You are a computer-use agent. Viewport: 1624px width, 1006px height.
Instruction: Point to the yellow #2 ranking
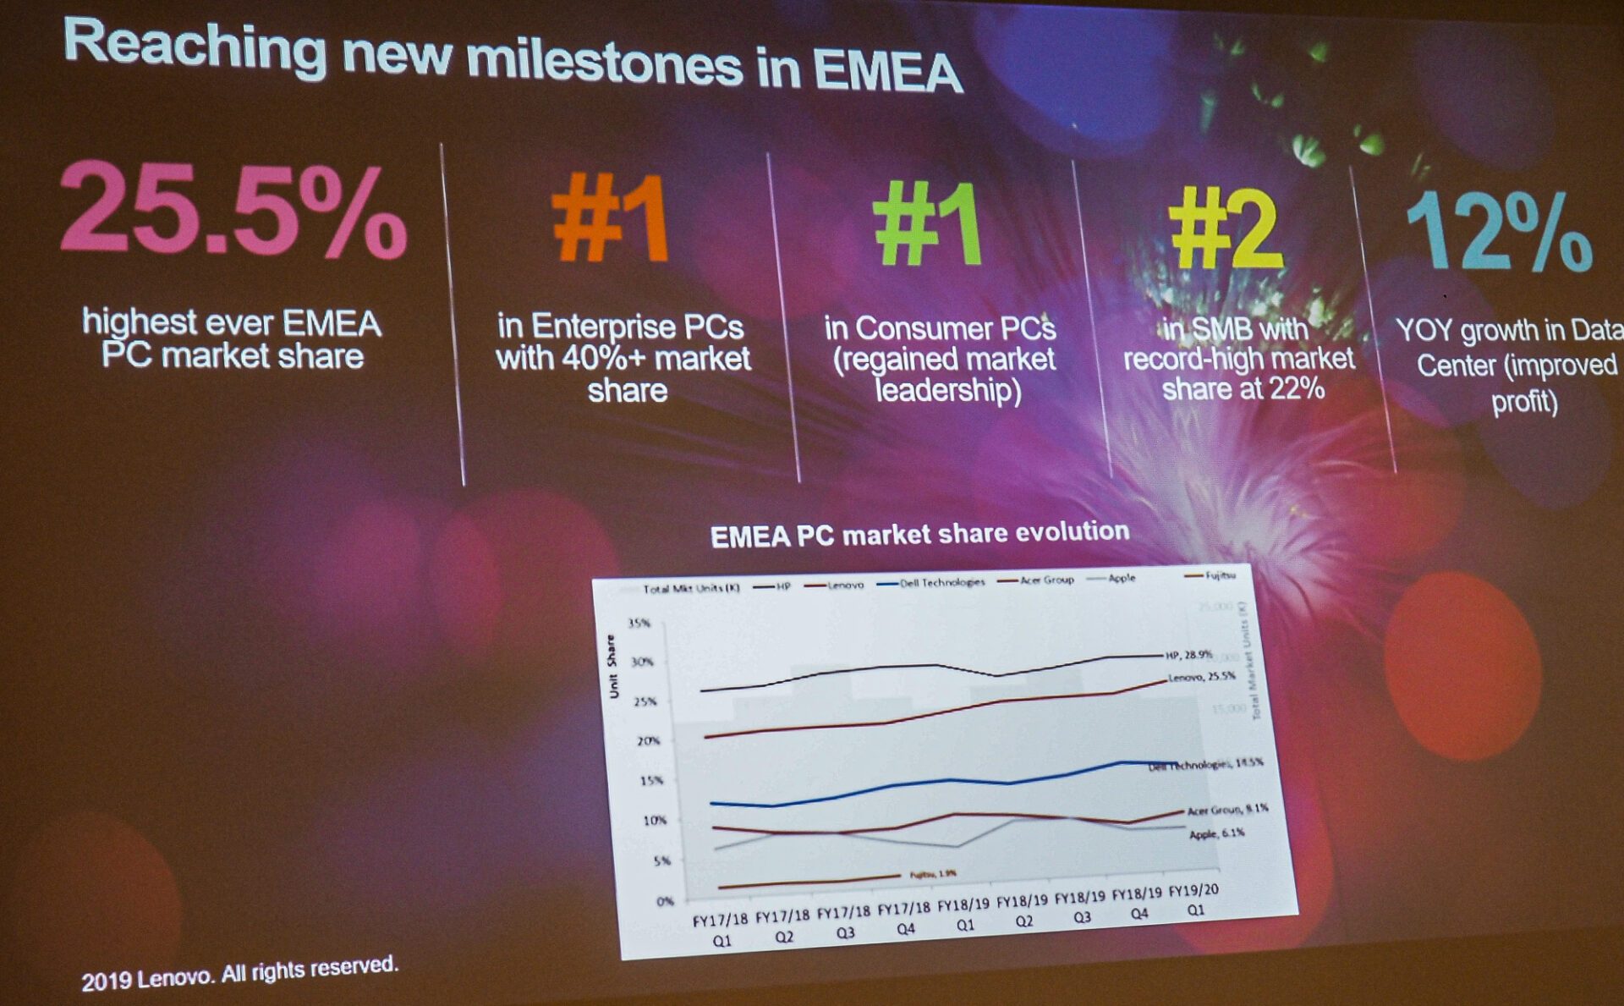coord(1226,228)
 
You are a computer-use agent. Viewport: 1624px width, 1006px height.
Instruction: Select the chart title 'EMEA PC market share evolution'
coord(919,534)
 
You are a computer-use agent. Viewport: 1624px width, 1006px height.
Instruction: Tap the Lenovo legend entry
coord(844,585)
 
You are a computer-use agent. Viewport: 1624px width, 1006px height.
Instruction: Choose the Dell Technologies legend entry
coord(941,582)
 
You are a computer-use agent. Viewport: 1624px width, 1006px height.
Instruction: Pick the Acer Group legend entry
coord(1045,580)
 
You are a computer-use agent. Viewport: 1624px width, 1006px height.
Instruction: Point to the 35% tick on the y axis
coord(639,624)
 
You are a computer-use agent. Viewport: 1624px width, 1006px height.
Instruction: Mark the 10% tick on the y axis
coord(654,820)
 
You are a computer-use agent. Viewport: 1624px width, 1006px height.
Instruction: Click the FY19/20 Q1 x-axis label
coord(1193,899)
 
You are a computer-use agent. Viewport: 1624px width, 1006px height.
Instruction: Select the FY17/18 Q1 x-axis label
coord(721,929)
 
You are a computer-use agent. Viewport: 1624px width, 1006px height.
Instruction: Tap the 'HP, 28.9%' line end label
coord(1188,655)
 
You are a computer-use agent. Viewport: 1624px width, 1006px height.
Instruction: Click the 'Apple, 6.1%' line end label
coord(1216,833)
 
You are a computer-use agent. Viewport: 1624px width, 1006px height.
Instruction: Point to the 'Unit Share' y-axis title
coord(612,667)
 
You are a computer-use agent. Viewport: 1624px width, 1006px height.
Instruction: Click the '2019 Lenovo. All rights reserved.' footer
coord(239,973)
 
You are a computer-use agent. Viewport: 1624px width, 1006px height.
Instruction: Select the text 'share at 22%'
coord(1243,388)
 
